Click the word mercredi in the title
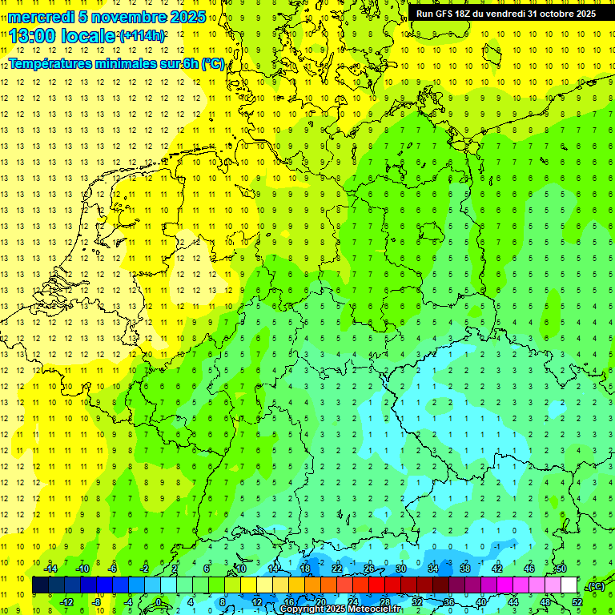41,17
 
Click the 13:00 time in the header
33,35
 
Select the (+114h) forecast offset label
143,36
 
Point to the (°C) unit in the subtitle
213,64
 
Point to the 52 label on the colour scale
577,602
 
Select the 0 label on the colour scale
158,602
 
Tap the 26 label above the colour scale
369,569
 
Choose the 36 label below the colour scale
448,602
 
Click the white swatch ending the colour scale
569,585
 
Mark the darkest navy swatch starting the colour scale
40,585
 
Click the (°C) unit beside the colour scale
596,586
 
